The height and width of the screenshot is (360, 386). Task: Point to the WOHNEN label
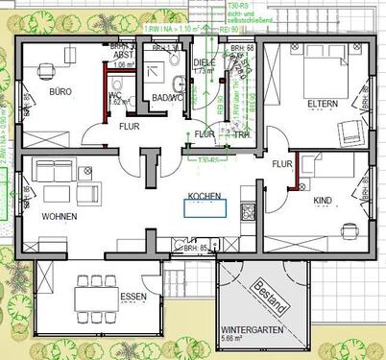click(60, 217)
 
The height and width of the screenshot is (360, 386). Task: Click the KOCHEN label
click(205, 196)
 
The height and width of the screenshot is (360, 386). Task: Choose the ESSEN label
click(133, 298)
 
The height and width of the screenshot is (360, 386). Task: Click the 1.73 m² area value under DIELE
click(204, 71)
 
